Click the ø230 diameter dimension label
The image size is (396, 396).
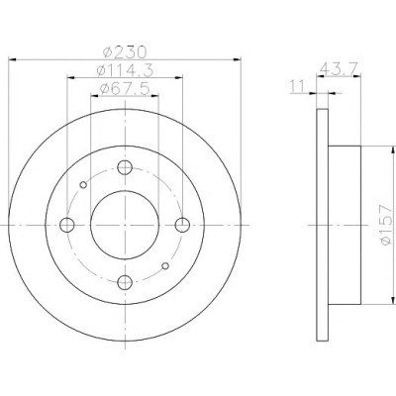(x=125, y=52)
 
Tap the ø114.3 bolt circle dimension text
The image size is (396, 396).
(x=125, y=70)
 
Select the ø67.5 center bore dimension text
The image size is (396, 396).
(x=125, y=88)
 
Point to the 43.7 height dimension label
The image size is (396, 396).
(x=339, y=68)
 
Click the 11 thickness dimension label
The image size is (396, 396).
(x=297, y=86)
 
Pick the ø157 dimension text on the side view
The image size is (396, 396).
(x=385, y=225)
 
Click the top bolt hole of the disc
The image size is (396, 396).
(x=125, y=167)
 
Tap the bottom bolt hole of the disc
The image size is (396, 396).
(x=125, y=282)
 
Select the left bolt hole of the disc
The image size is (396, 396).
(x=67, y=225)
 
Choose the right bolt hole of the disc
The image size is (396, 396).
(x=182, y=225)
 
